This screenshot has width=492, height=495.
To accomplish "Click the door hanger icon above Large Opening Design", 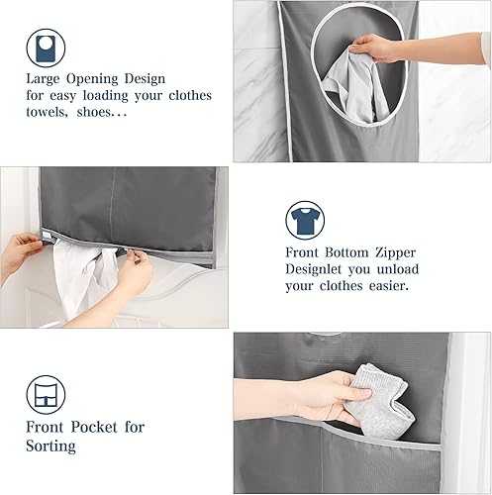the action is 46,49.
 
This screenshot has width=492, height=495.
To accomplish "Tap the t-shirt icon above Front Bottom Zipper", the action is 305,220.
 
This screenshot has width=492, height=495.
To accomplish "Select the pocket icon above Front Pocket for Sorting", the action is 46,395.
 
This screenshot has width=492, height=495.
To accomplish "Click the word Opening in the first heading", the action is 92,79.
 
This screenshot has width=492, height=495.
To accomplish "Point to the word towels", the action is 47,112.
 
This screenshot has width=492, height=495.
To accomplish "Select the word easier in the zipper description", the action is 389,286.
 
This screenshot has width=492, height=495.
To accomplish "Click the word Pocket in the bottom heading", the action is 94,427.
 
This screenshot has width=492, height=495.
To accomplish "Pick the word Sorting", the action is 50,446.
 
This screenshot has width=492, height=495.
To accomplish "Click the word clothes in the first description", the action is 190,95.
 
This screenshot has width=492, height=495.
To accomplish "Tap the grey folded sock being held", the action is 383,401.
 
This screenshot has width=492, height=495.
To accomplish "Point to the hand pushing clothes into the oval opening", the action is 373,49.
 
